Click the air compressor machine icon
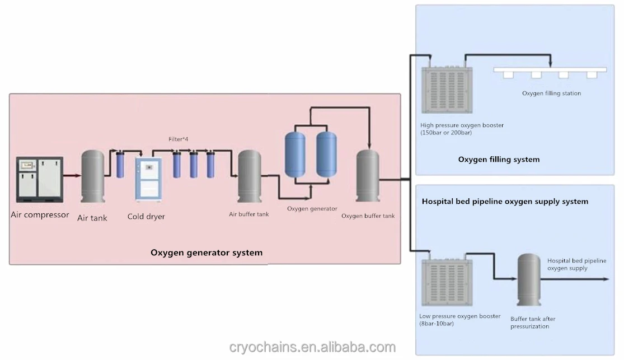tap(39, 179)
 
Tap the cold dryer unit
tap(148, 179)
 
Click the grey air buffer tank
tap(249, 177)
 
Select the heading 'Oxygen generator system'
tap(207, 253)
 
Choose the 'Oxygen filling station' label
tap(551, 93)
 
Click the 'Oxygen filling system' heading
tap(499, 160)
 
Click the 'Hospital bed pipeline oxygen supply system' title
tap(505, 201)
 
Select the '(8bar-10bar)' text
tap(437, 324)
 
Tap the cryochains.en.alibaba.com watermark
tap(312, 348)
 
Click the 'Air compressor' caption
tap(40, 214)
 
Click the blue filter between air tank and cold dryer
tap(120, 165)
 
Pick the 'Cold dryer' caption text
tap(146, 217)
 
